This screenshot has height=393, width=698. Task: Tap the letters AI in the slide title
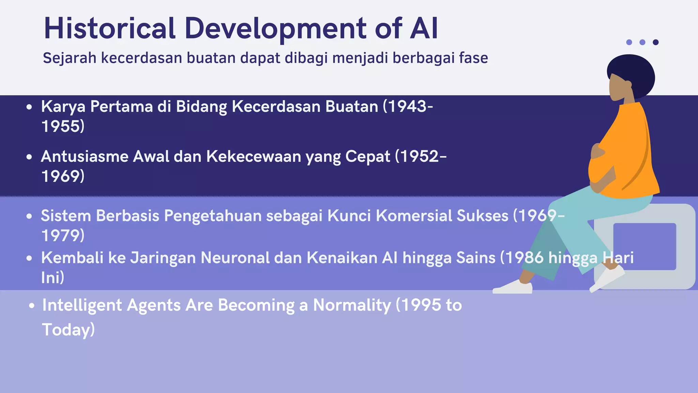click(424, 29)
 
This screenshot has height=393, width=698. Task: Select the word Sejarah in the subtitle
click(70, 58)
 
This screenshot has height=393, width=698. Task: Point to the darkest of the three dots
click(655, 42)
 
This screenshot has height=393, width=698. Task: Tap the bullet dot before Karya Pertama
click(29, 107)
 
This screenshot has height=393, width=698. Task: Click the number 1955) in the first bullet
click(63, 126)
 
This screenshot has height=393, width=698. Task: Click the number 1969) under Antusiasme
click(63, 176)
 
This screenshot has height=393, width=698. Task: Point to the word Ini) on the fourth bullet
click(53, 277)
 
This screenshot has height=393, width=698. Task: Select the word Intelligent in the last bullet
click(82, 305)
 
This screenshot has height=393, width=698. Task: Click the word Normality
click(352, 305)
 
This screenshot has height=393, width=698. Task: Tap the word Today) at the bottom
click(68, 330)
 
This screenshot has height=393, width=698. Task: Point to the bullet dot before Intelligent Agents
click(32, 306)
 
